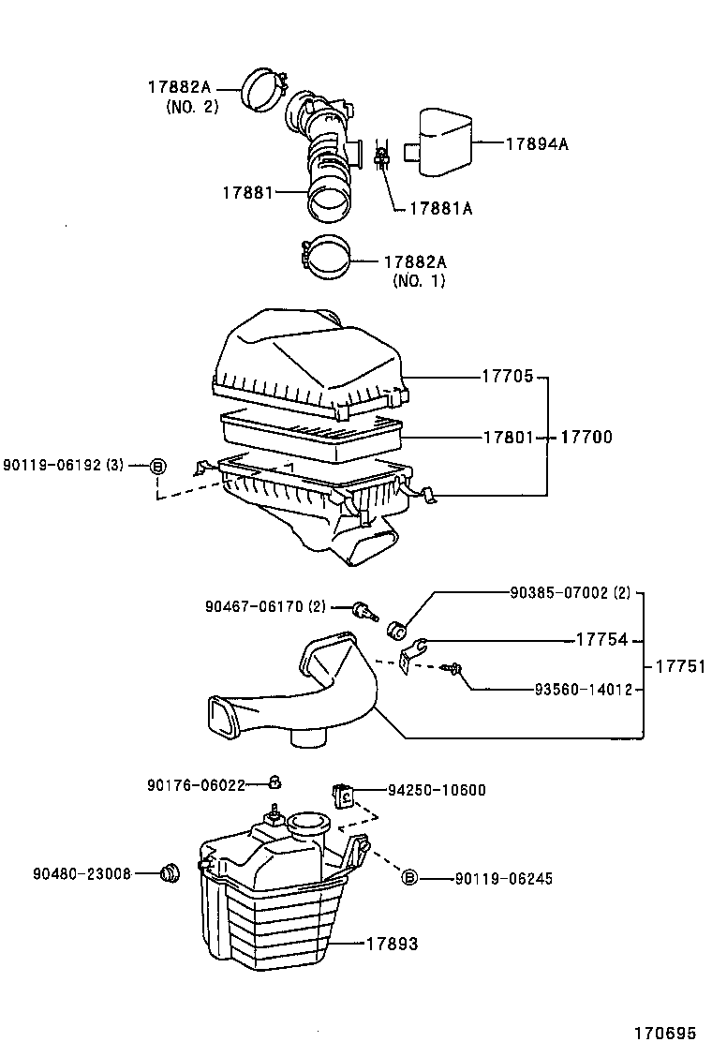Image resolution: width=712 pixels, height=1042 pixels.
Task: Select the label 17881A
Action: tap(440, 209)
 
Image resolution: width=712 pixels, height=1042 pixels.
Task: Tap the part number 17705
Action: tap(508, 377)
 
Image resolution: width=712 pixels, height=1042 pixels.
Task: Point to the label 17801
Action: tap(508, 437)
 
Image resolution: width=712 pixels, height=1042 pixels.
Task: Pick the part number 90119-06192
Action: tap(55, 465)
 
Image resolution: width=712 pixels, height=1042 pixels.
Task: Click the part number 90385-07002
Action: tap(561, 592)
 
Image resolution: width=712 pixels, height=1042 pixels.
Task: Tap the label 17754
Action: tap(601, 641)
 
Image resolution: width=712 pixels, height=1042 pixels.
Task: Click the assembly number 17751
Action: tap(679, 666)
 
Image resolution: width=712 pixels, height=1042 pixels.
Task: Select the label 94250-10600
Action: tap(437, 790)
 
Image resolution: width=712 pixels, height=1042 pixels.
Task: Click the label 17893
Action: tap(392, 944)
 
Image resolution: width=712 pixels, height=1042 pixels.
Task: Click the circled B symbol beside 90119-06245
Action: tap(408, 878)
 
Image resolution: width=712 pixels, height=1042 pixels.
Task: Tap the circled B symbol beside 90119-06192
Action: tap(158, 466)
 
